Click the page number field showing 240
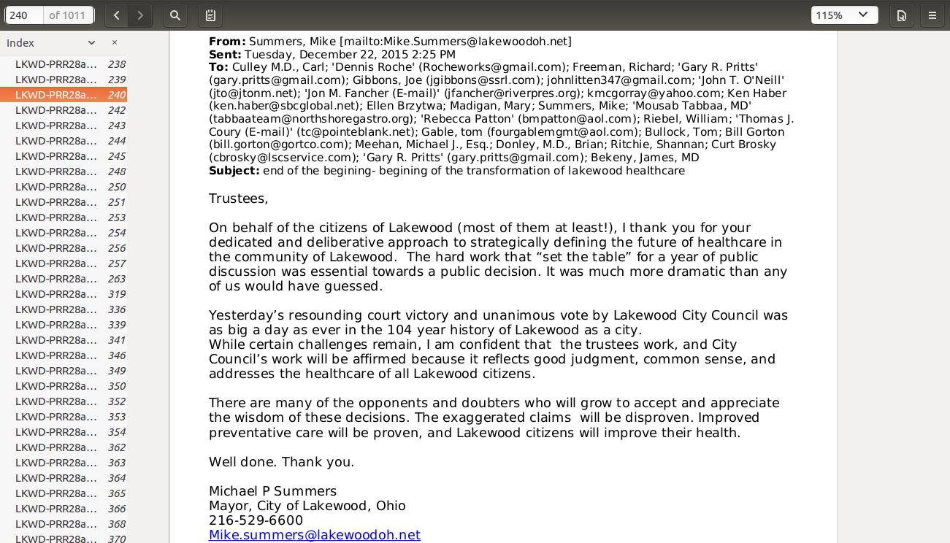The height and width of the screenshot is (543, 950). click(x=25, y=15)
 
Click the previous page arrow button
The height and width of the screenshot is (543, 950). click(x=117, y=15)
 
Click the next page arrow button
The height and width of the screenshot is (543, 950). click(x=140, y=15)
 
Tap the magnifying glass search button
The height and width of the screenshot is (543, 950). click(x=175, y=15)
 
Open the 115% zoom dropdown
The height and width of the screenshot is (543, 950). click(x=844, y=15)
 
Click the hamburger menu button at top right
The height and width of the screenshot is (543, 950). click(x=932, y=15)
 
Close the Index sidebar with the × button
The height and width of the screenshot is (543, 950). click(x=115, y=43)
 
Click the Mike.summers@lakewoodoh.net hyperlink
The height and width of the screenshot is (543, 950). click(x=314, y=535)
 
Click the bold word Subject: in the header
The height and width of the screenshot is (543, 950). click(x=234, y=171)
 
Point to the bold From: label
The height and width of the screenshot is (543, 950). click(x=227, y=42)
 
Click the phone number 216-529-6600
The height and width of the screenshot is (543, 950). click(x=256, y=520)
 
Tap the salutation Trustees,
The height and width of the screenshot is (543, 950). click(x=238, y=199)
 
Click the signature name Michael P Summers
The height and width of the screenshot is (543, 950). click(x=272, y=491)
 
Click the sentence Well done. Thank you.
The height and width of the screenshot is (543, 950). click(x=281, y=462)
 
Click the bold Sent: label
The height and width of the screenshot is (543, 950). click(x=225, y=55)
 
